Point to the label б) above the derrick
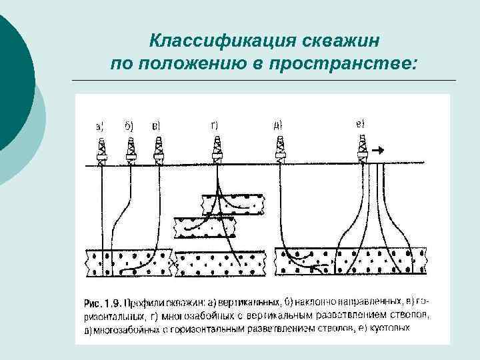(x=129, y=125)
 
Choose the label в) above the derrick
(x=157, y=125)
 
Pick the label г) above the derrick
(x=214, y=125)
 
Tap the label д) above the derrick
(x=278, y=125)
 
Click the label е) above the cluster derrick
(x=361, y=123)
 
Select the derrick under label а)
(x=101, y=151)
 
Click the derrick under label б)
(x=131, y=151)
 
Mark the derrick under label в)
(x=159, y=151)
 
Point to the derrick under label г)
(x=217, y=151)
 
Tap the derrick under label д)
(x=281, y=151)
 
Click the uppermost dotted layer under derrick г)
(x=233, y=203)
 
